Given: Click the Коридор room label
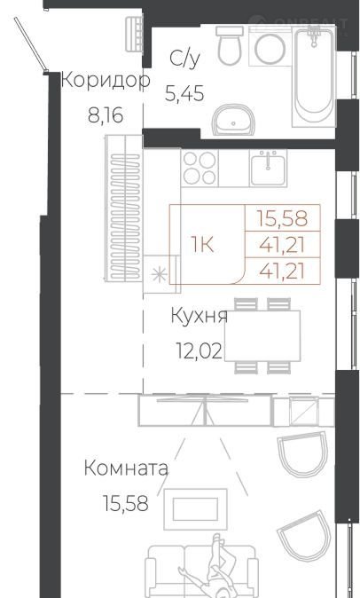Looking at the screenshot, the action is tap(106, 82).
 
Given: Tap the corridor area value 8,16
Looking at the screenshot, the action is tap(106, 114).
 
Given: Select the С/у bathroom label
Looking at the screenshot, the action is tap(184, 59).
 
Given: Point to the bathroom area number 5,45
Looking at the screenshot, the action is tap(184, 93).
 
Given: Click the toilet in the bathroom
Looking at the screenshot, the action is tap(230, 45).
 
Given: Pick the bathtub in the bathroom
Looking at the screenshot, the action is tap(314, 76).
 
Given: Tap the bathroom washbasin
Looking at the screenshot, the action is tap(233, 120).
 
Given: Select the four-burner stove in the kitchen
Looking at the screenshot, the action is tap(200, 168).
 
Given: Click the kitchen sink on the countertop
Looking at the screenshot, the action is tap(268, 169).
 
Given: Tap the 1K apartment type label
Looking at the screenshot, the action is tap(203, 245).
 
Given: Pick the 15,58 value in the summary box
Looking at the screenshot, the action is tap(282, 218).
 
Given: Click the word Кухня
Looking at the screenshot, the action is tap(199, 316).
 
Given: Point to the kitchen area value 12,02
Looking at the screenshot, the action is tap(199, 350).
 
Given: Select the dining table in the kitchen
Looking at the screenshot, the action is tap(262, 335).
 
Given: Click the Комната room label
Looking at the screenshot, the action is tap(126, 468).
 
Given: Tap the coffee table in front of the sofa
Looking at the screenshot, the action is tap(195, 509).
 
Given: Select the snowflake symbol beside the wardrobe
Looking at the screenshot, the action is tap(159, 274).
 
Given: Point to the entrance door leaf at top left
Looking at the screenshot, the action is tap(31, 43).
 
